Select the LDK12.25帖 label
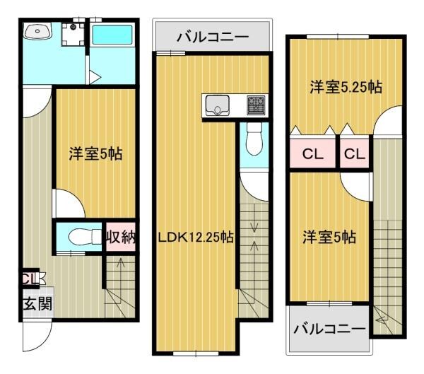195,238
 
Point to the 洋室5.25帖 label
346,88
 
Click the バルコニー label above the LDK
212,35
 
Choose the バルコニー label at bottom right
329,329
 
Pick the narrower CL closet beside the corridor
355,154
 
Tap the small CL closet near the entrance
29,278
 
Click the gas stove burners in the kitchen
255,106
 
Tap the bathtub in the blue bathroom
111,35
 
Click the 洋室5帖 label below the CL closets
329,237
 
